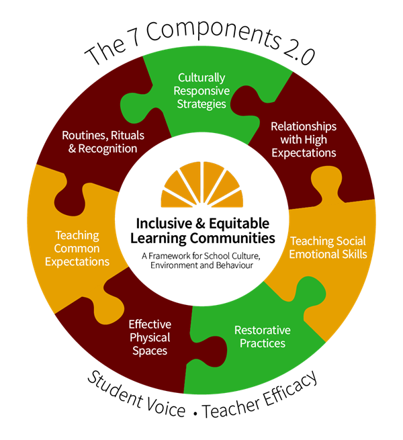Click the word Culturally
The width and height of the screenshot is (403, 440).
(x=202, y=79)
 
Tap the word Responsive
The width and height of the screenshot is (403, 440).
(x=202, y=91)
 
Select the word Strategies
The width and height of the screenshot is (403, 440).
(x=202, y=104)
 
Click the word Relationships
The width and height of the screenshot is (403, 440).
(x=303, y=126)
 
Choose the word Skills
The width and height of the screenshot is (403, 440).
(x=355, y=254)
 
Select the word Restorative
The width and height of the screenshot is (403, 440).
(x=262, y=331)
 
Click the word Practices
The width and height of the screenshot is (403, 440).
(x=262, y=343)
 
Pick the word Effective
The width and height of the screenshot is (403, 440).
(x=150, y=324)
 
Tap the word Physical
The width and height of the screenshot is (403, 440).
(x=150, y=337)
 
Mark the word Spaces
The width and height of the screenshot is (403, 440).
(x=150, y=350)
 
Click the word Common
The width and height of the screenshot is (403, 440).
(x=77, y=249)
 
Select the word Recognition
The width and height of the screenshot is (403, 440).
(x=107, y=148)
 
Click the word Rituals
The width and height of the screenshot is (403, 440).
(x=127, y=135)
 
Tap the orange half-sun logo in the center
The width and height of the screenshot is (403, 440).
(x=202, y=185)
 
